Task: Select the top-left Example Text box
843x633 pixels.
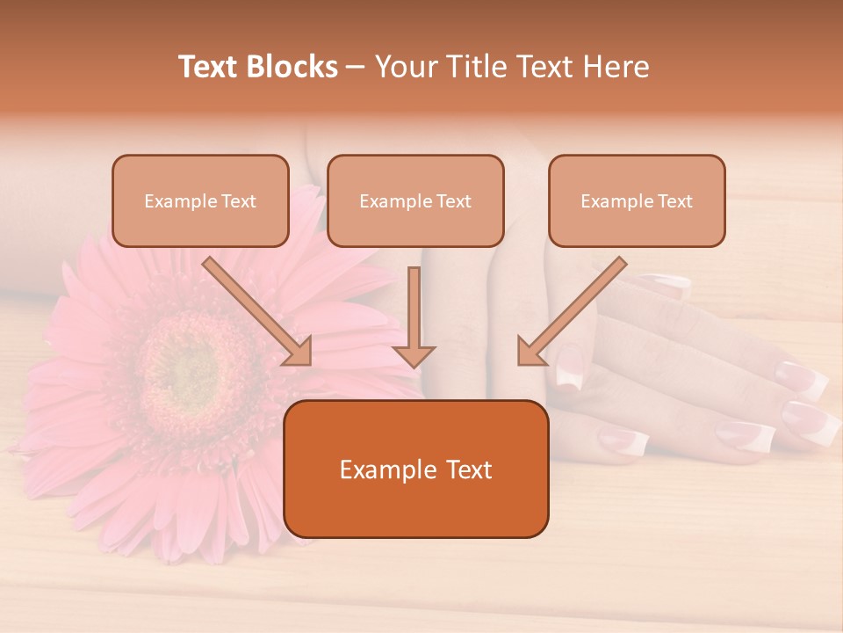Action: [200, 201]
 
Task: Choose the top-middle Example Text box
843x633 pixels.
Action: [415, 201]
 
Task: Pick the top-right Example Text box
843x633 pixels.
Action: [637, 201]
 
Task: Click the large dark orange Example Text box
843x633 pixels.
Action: [416, 469]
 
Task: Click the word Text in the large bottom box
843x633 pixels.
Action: [464, 469]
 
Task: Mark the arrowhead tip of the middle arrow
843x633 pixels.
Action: [414, 365]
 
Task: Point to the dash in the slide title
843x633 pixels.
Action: [357, 67]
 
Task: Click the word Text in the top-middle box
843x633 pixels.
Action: [454, 201]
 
